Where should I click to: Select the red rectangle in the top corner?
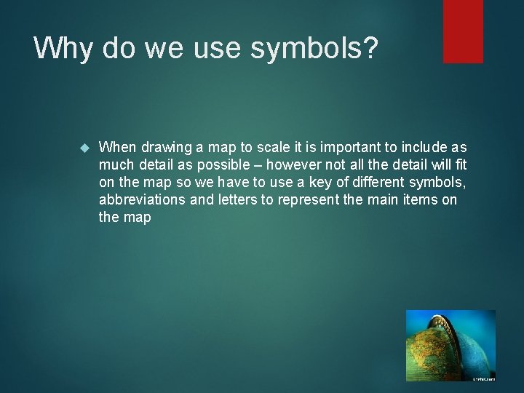tap(463, 31)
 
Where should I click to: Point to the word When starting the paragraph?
tap(116, 148)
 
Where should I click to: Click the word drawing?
tap(162, 148)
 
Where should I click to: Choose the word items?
tap(421, 200)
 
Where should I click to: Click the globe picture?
tap(450, 346)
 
